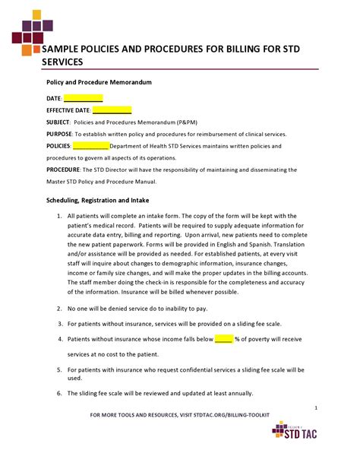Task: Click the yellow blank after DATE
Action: click(x=83, y=98)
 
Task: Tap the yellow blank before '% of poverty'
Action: click(x=223, y=339)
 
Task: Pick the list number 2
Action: click(x=60, y=309)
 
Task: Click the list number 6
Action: click(x=60, y=393)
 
